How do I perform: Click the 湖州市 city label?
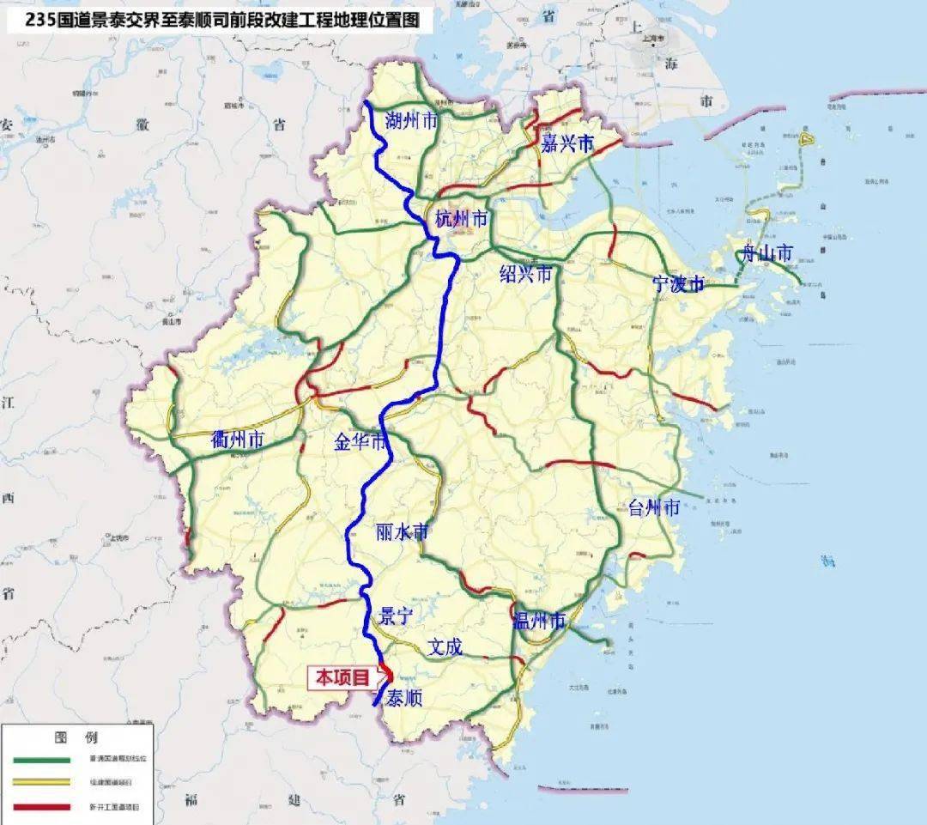(412, 120)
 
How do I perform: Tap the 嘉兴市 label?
(567, 144)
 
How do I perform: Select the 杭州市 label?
(461, 220)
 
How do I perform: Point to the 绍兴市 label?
(526, 274)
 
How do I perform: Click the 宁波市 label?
(678, 284)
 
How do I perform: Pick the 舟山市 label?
(768, 253)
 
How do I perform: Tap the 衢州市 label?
(238, 441)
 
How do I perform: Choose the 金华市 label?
(361, 443)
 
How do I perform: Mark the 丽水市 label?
(402, 532)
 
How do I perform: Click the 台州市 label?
(654, 507)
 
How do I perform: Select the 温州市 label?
(539, 621)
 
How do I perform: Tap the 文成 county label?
(445, 646)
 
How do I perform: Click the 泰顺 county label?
(404, 698)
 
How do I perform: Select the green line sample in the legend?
(41, 760)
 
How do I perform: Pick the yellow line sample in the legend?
(41, 783)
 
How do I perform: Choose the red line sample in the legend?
(41, 807)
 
